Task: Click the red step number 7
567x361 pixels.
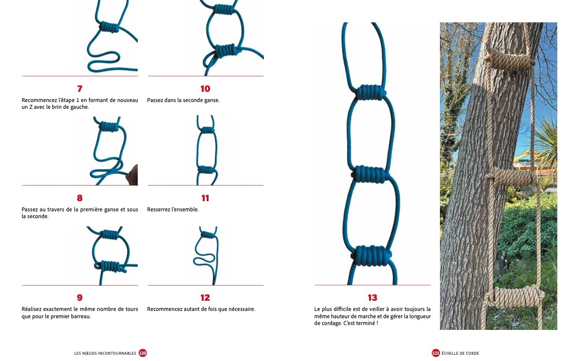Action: (80, 89)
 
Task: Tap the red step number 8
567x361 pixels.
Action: (80, 198)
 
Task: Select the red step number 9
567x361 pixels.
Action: (80, 298)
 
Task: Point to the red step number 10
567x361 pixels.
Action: (205, 89)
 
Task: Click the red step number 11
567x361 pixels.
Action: (205, 198)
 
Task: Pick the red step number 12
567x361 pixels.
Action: (205, 298)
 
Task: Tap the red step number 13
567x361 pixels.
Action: (373, 298)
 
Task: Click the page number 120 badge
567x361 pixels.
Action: (143, 353)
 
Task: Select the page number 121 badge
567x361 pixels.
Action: (436, 353)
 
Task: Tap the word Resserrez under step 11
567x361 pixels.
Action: (159, 209)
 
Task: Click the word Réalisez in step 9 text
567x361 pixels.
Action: (32, 309)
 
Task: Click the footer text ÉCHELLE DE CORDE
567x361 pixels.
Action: (460, 353)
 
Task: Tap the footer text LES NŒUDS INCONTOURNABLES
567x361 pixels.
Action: (105, 353)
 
